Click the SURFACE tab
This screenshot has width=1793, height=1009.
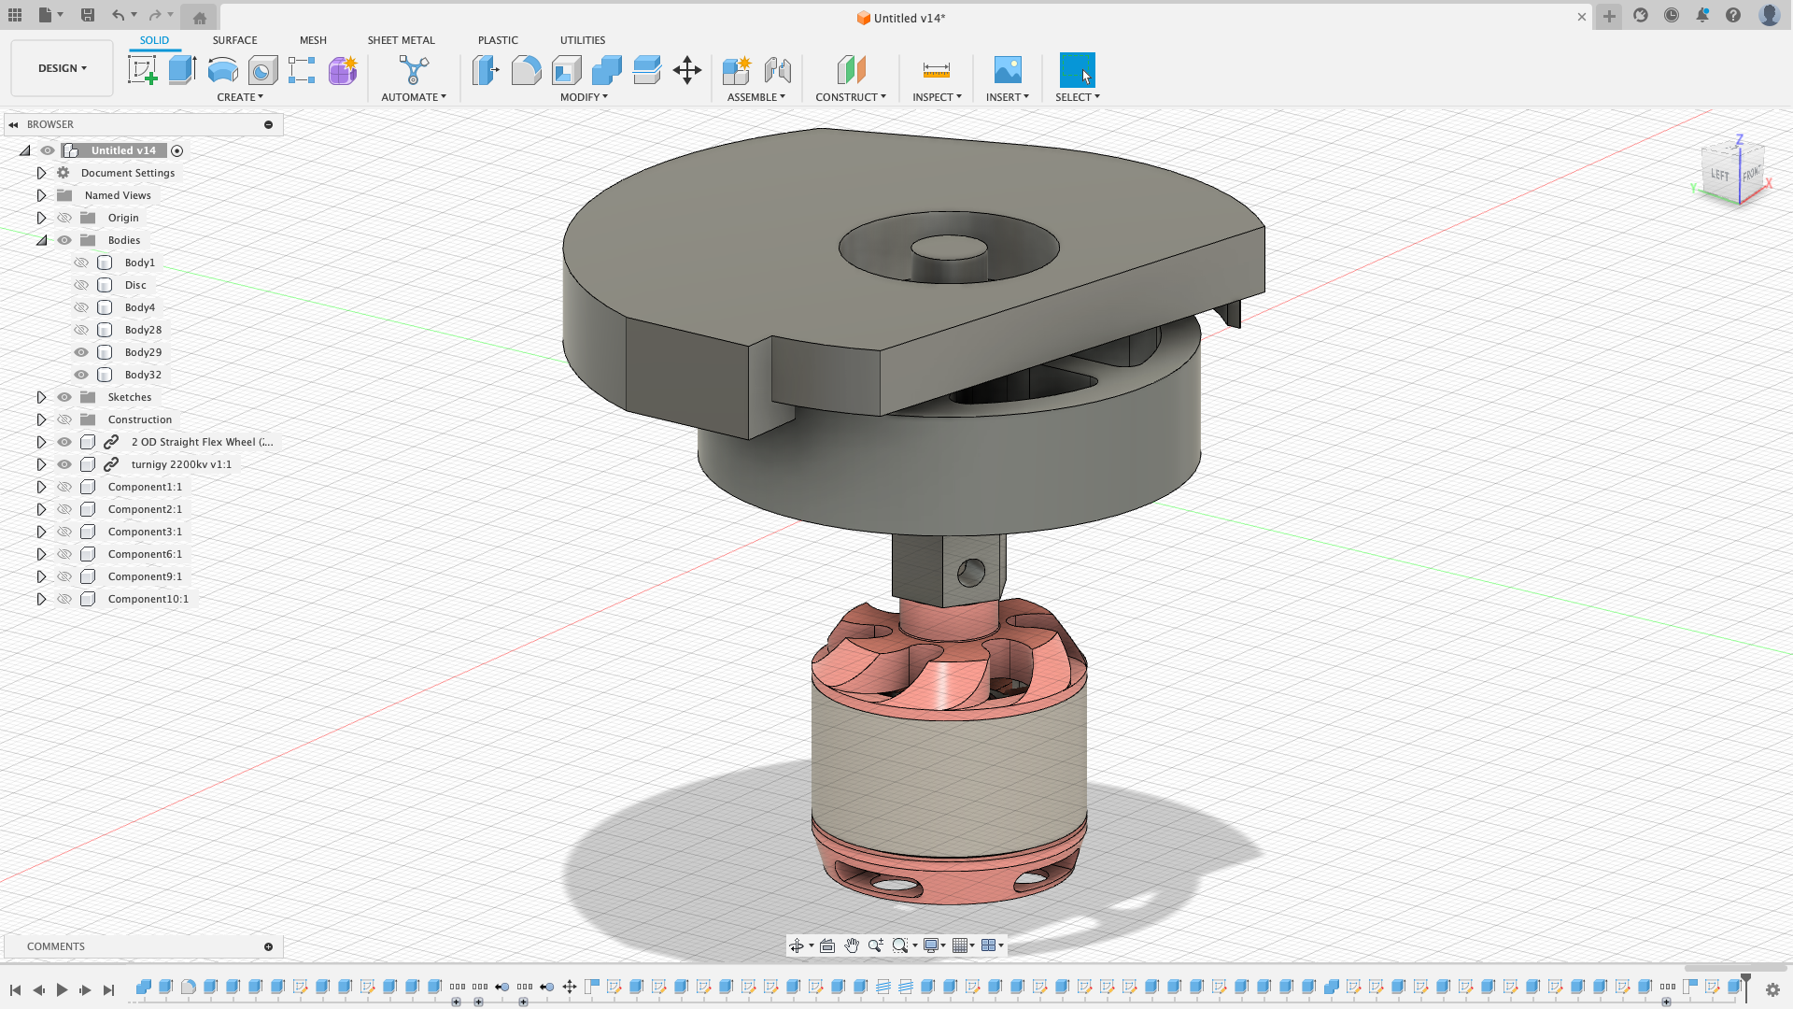[x=234, y=40]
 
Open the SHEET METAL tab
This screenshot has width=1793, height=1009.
[x=401, y=40]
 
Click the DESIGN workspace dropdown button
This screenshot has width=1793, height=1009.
[x=62, y=68]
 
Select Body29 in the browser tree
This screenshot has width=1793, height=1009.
[x=143, y=352]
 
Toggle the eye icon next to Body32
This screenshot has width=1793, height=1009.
[x=81, y=375]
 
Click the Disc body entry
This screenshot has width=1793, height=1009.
[x=135, y=285]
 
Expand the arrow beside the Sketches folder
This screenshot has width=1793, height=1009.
[x=41, y=397]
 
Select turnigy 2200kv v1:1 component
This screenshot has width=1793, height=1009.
[x=181, y=464]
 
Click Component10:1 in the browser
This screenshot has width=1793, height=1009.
[x=148, y=599]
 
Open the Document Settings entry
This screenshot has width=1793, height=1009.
[x=128, y=173]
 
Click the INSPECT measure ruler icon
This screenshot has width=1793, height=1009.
[x=936, y=70]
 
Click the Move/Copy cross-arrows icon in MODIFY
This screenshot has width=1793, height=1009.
[x=687, y=70]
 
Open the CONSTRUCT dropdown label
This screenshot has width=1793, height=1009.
[x=850, y=97]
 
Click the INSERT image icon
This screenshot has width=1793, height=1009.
[x=1007, y=70]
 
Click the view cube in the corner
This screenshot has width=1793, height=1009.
[x=1733, y=173]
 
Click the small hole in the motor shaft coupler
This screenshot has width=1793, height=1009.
[x=971, y=573]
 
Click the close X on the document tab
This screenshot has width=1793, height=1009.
[x=1582, y=17]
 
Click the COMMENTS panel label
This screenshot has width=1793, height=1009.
[x=56, y=946]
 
